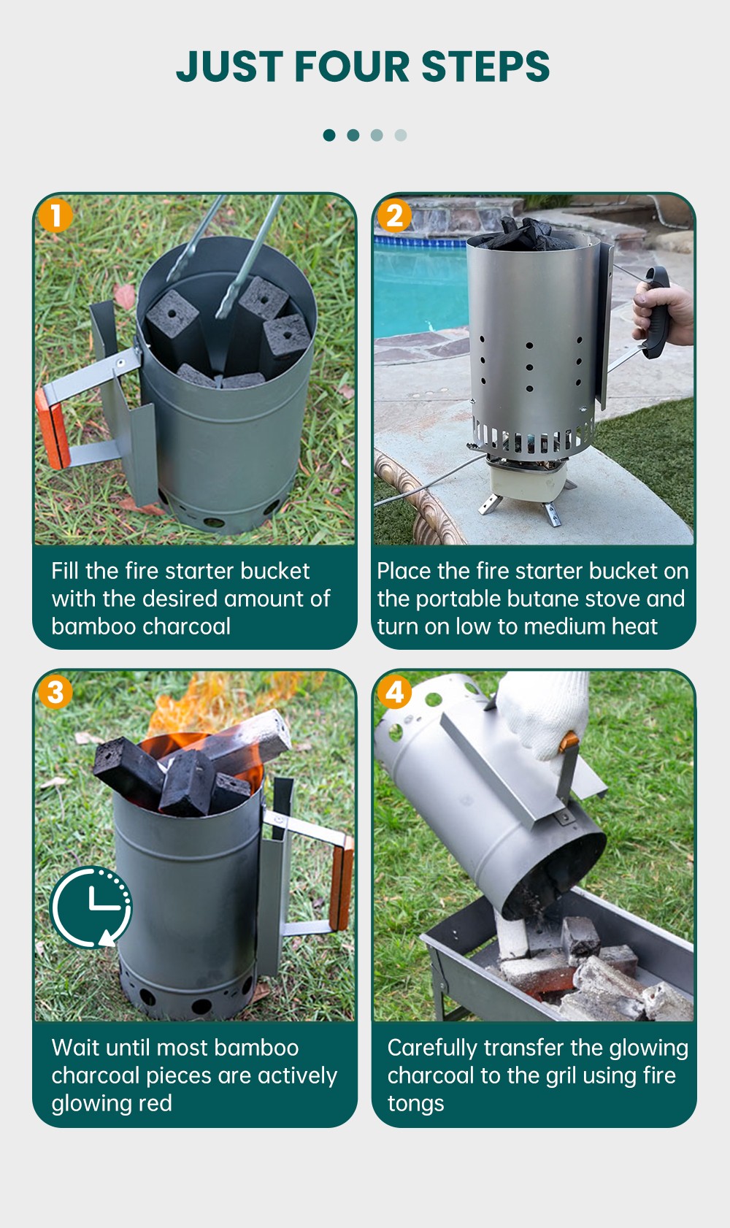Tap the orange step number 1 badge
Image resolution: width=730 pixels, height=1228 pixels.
click(55, 215)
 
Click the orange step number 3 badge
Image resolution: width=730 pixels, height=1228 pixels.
click(55, 692)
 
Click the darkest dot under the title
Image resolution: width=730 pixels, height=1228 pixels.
click(329, 135)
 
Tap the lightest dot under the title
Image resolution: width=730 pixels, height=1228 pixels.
click(401, 135)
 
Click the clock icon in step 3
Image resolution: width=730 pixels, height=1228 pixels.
click(91, 907)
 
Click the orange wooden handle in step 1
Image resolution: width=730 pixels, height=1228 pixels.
click(53, 428)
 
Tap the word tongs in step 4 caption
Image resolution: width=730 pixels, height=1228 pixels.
click(416, 1104)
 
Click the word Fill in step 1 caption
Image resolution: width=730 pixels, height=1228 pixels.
click(64, 571)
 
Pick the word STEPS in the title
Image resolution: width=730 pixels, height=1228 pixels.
click(485, 67)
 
